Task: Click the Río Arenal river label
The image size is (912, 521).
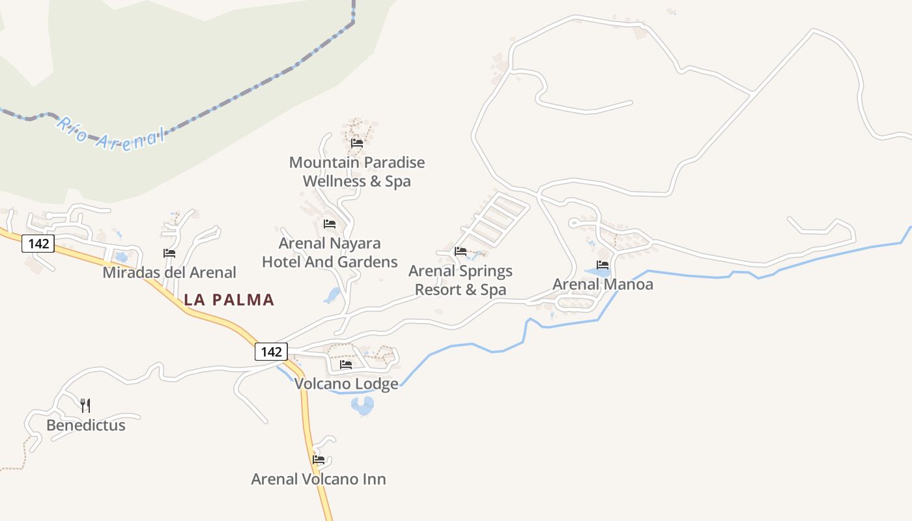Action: click(109, 134)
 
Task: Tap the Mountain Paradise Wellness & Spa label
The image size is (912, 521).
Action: click(357, 171)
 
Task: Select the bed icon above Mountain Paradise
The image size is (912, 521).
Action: click(356, 143)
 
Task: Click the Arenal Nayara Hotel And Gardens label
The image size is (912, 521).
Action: click(330, 252)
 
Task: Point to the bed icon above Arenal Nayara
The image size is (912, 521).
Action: click(330, 224)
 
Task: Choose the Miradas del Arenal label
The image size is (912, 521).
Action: click(169, 272)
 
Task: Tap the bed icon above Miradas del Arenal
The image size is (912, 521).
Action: click(169, 253)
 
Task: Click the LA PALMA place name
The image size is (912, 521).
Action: click(229, 300)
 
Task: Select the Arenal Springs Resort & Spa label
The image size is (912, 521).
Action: click(461, 280)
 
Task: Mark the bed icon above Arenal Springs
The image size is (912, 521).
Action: click(461, 251)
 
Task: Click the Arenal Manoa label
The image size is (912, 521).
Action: click(603, 285)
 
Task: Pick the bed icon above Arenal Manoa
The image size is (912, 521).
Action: click(603, 265)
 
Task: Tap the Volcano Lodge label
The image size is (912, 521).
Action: click(346, 384)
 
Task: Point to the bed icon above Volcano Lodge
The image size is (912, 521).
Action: click(346, 365)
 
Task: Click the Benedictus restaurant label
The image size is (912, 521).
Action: click(85, 425)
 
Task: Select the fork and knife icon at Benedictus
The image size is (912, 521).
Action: click(85, 406)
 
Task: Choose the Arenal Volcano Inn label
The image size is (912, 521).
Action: click(319, 479)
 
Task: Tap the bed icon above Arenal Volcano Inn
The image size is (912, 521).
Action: click(319, 459)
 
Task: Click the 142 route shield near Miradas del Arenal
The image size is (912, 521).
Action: click(38, 244)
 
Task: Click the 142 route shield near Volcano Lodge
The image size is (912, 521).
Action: click(270, 352)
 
